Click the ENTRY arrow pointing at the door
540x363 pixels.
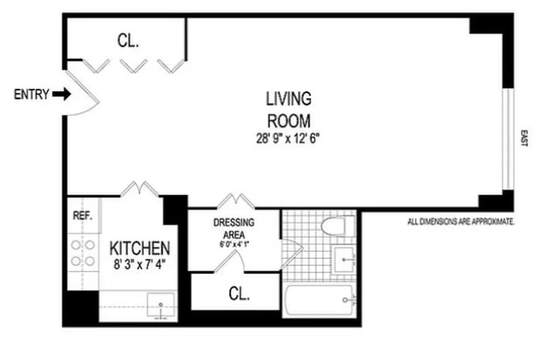coord(62,94)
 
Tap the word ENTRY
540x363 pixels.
coord(31,94)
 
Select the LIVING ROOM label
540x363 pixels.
coord(289,109)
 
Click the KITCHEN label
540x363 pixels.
coord(140,248)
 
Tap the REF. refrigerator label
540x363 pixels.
coord(83,215)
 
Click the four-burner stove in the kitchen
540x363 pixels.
coord(83,253)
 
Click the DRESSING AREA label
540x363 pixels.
coord(234,228)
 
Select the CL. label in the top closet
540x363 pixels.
coord(128,41)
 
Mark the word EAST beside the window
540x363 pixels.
coord(524,138)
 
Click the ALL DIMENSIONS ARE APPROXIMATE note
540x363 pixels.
coord(461,222)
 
